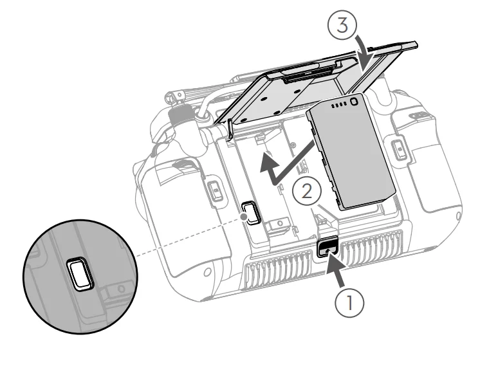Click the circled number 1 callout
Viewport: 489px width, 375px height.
click(349, 303)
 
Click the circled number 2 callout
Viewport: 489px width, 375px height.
click(307, 191)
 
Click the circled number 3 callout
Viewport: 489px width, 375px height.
click(342, 25)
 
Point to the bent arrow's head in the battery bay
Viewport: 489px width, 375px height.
click(269, 162)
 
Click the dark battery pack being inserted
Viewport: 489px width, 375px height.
click(351, 152)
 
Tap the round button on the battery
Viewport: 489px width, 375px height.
click(354, 102)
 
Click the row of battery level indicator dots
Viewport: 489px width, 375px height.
click(338, 105)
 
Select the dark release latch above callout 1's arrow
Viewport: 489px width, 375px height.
click(328, 246)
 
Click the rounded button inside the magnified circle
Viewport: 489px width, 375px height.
click(80, 274)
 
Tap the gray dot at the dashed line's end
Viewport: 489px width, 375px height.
click(244, 217)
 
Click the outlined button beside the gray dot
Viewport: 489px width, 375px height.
click(252, 212)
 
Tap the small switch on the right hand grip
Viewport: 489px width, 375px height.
click(398, 149)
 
